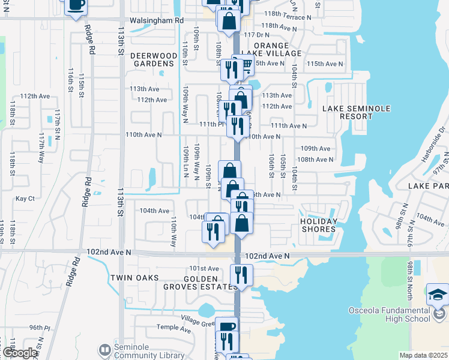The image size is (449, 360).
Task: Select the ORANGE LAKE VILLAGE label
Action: (x=277, y=49)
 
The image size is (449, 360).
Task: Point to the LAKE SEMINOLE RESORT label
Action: (x=357, y=112)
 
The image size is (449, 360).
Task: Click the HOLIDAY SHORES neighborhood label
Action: (x=319, y=225)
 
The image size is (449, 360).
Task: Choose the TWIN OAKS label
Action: (x=134, y=278)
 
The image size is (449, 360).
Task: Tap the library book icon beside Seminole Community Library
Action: (x=104, y=349)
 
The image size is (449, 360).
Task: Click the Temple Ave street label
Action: (x=173, y=328)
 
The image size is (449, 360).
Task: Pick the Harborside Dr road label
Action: (x=434, y=142)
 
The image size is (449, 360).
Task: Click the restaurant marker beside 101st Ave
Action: (x=241, y=275)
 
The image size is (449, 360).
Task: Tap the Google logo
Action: (x=20, y=353)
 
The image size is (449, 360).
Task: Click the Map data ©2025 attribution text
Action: (x=423, y=355)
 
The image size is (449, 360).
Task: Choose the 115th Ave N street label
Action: (x=324, y=64)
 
